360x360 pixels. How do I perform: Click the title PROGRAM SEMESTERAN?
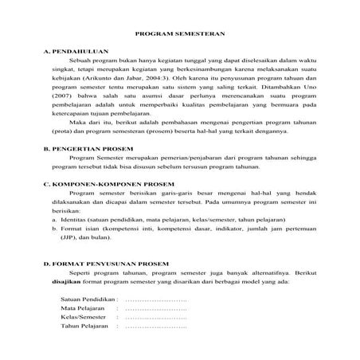coord(179,35)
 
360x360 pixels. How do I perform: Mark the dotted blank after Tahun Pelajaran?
coord(156,326)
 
